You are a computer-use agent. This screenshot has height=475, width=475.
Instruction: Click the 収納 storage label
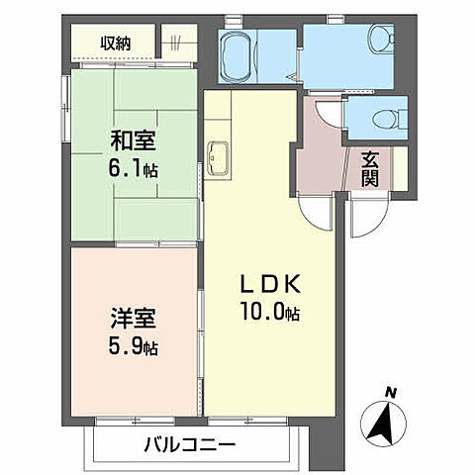[x=115, y=43]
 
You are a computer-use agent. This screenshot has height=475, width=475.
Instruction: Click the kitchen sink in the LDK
[x=219, y=154]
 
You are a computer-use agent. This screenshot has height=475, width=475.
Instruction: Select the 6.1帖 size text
[x=132, y=170]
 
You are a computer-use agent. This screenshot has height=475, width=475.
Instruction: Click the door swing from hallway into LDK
[x=316, y=209]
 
